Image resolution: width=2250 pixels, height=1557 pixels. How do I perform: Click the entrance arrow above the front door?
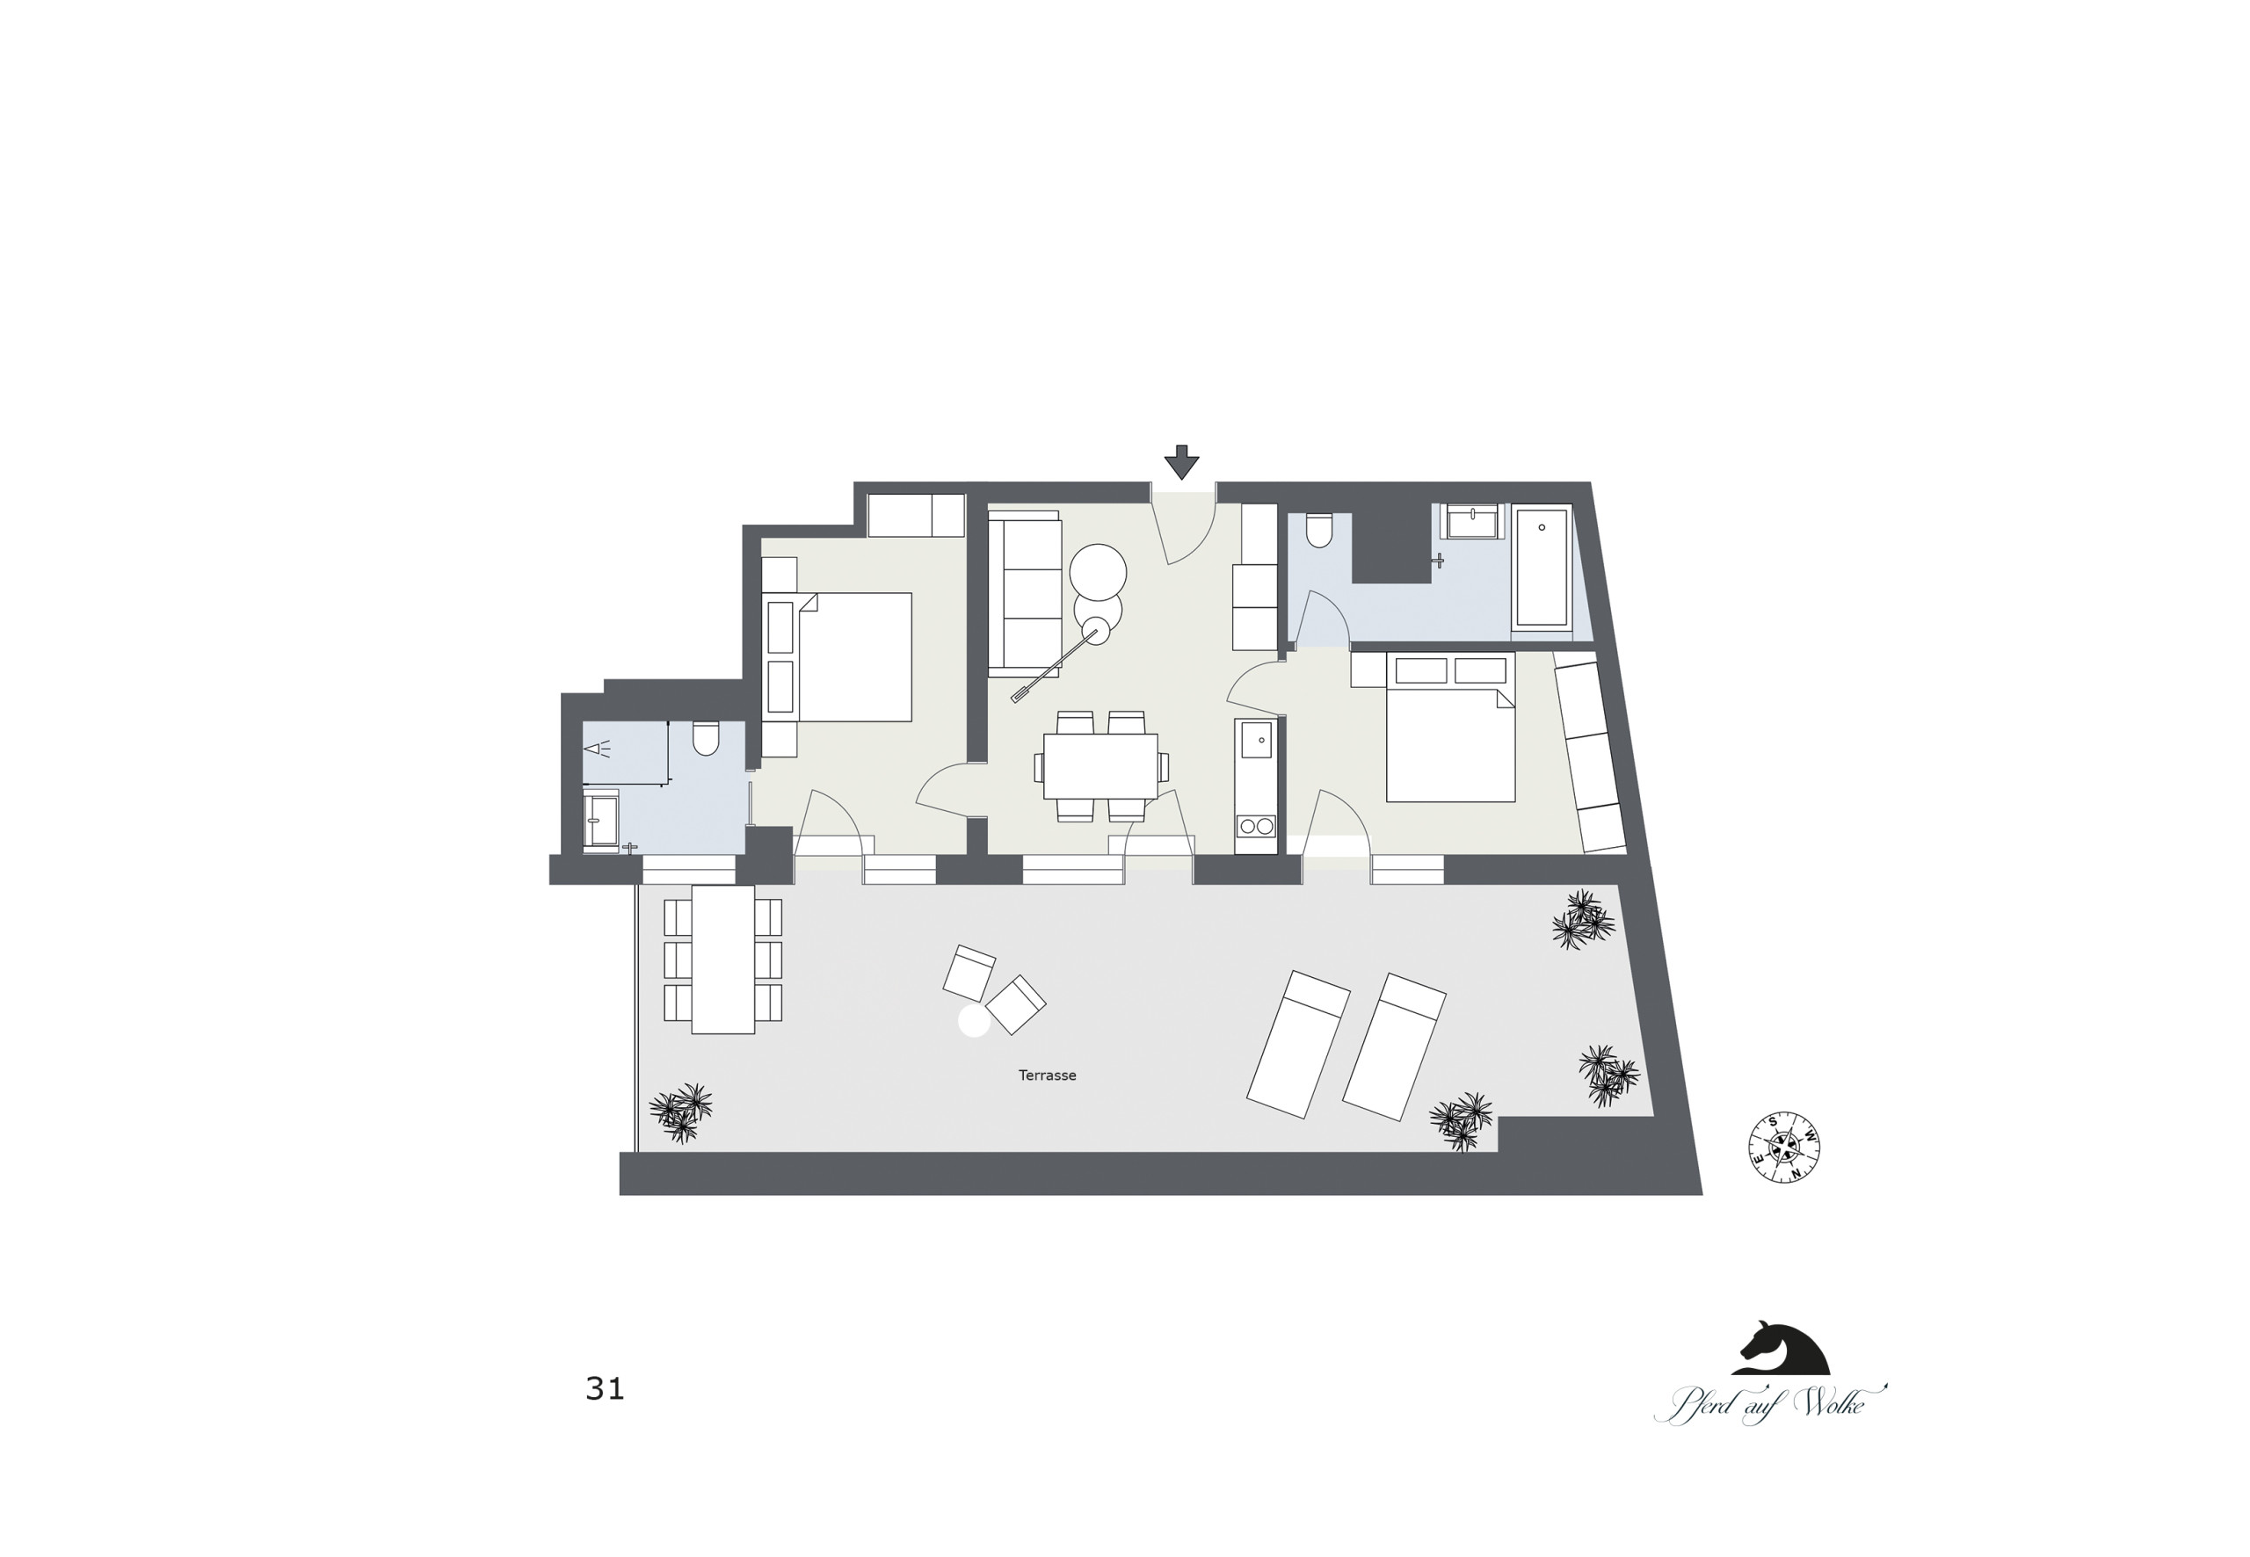(1181, 462)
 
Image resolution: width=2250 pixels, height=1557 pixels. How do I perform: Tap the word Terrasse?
(1047, 1075)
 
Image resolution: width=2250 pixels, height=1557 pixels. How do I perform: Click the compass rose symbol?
(1783, 1148)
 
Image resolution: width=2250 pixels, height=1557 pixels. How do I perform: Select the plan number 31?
(605, 1389)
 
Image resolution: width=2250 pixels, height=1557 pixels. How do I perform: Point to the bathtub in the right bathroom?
(1542, 565)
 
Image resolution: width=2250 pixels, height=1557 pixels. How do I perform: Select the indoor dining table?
(1100, 766)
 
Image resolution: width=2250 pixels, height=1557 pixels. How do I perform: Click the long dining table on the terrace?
(723, 959)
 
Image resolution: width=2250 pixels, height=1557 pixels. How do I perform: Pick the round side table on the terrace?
(974, 1021)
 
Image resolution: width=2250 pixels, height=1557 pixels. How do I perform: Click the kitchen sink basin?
(1256, 741)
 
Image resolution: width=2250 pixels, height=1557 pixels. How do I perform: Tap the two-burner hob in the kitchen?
(1256, 826)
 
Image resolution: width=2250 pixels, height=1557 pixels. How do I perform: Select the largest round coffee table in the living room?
(1098, 572)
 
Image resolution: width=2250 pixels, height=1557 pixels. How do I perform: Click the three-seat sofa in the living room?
(1024, 593)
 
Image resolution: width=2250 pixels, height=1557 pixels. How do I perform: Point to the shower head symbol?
(596, 750)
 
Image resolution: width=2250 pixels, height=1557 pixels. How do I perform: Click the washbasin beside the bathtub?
(1473, 522)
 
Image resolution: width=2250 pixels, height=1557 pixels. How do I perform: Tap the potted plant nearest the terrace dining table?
(681, 1112)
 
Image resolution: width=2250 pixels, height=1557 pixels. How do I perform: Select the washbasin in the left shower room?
(601, 821)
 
